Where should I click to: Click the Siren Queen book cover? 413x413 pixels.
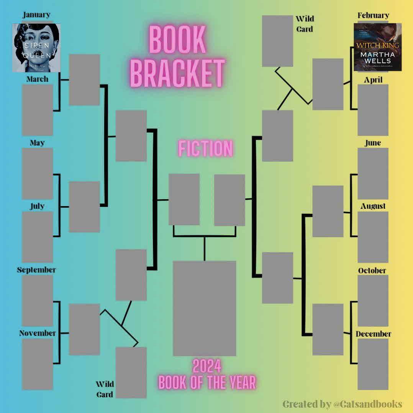click(36, 48)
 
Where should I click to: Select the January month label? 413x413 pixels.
click(36, 15)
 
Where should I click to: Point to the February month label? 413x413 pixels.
click(373, 15)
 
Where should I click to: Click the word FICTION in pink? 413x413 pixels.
click(205, 149)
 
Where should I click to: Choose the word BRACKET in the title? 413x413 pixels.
click(177, 74)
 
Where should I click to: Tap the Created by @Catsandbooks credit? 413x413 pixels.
click(342, 404)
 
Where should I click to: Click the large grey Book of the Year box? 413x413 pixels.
click(204, 308)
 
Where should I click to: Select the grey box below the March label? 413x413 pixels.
click(37, 110)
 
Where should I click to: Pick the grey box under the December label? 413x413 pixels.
click(373, 364)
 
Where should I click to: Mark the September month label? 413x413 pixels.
click(36, 270)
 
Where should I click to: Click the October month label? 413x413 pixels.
click(372, 270)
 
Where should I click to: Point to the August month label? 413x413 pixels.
click(373, 206)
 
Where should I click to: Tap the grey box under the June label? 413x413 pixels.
click(373, 174)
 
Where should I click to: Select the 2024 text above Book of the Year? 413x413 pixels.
click(207, 367)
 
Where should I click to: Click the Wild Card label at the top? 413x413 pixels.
click(305, 24)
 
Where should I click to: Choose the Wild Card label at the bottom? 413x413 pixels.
click(105, 389)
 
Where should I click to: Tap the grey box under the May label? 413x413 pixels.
click(37, 174)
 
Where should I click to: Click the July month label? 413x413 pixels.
click(37, 206)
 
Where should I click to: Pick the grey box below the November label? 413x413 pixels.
click(37, 364)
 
